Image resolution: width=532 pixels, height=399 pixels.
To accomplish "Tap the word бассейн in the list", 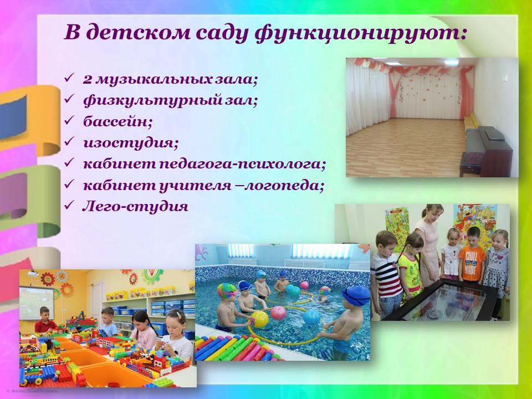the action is (x=116, y=121).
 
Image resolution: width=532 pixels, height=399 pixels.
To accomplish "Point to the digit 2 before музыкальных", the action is (x=88, y=79).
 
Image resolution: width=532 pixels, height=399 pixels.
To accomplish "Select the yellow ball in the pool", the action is (x=259, y=319).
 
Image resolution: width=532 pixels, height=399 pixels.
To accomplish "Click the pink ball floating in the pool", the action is (x=278, y=313).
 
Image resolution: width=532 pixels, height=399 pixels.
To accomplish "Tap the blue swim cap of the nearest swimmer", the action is (x=356, y=295).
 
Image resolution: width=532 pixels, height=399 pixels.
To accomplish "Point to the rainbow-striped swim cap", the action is (x=227, y=291).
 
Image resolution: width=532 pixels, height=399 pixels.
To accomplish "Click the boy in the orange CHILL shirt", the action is (x=472, y=254).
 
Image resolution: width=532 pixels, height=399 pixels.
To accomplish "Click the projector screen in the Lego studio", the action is (x=37, y=303).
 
